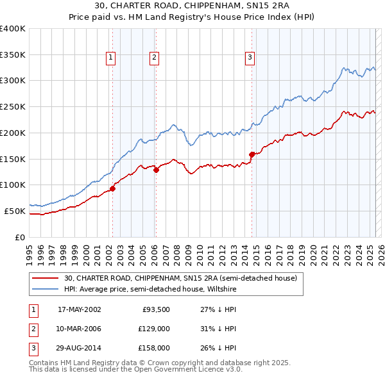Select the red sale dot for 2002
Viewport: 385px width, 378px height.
click(112, 188)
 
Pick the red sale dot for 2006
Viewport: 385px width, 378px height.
click(155, 170)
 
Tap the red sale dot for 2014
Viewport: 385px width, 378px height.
click(252, 154)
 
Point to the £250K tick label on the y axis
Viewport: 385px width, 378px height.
click(13, 106)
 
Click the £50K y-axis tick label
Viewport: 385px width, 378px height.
click(15, 211)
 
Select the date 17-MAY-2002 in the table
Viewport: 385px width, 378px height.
click(80, 310)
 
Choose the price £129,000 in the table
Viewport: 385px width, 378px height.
click(154, 329)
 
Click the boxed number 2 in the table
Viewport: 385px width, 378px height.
click(33, 329)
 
